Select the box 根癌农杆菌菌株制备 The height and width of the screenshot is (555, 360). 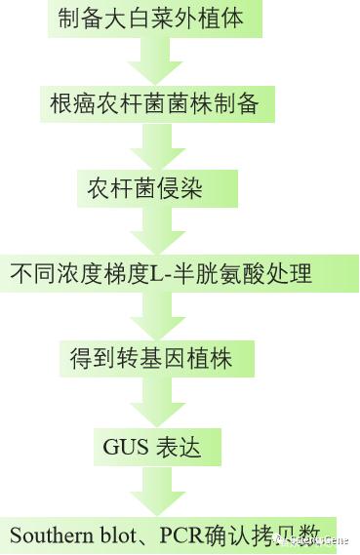point(155,102)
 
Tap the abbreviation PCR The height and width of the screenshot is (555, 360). point(183,535)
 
